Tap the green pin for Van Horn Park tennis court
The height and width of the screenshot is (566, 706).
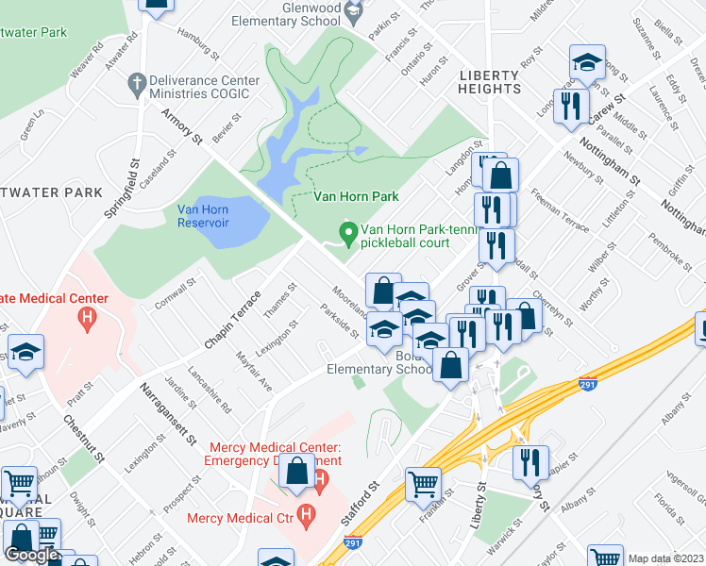[347, 231]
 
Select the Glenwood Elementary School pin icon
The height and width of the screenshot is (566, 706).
[355, 12]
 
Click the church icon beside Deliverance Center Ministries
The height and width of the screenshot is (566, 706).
[137, 82]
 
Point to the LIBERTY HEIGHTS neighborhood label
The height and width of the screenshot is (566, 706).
[488, 81]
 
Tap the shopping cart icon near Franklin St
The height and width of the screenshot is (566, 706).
[423, 485]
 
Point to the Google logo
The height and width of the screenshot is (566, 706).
[31, 556]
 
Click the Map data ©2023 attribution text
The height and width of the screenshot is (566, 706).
[665, 558]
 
